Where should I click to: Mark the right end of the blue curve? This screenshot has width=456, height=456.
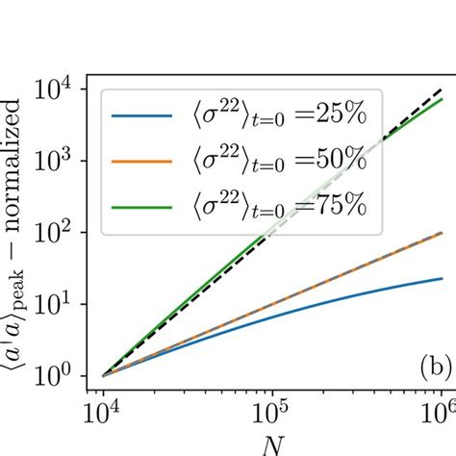pyautogui.click(x=441, y=279)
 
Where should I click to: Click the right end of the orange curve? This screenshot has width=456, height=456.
pyautogui.click(x=441, y=232)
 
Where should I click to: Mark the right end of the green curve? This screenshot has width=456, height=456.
pyautogui.click(x=441, y=99)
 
